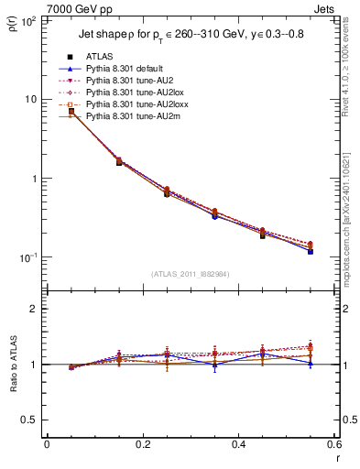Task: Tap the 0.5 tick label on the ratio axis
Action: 30,420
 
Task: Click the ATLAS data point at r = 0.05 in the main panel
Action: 71,112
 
